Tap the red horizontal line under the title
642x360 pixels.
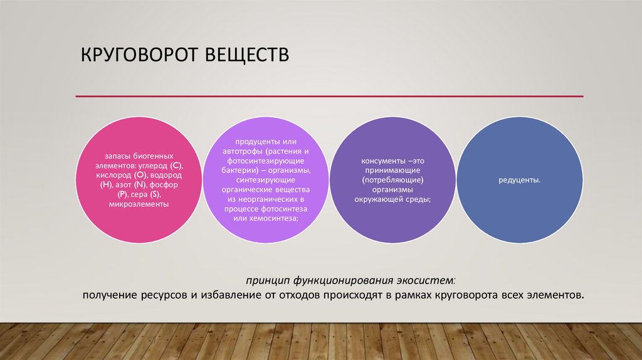[x=329, y=97]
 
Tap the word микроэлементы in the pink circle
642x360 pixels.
[x=139, y=204]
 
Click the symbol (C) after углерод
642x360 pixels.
[x=176, y=165]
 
